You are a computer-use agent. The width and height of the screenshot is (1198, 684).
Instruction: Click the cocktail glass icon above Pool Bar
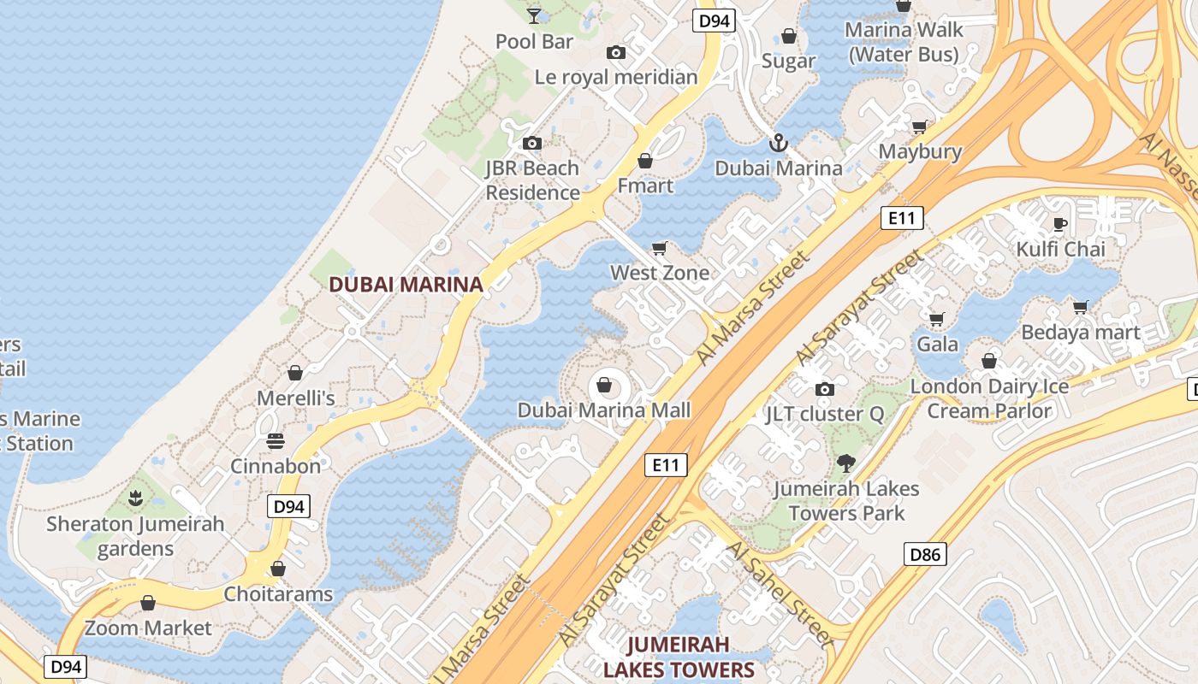534,15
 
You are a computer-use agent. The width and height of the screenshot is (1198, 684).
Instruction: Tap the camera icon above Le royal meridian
615,53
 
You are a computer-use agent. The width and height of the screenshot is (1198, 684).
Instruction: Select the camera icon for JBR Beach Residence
532,143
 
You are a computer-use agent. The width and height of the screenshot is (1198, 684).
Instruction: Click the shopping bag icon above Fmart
645,161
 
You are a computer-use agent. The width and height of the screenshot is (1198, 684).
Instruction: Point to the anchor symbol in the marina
778,143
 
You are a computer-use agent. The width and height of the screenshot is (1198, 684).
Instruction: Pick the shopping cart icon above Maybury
920,127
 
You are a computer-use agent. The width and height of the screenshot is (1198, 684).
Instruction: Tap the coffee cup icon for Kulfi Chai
1060,225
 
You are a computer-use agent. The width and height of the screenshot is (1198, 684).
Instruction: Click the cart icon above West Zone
659,249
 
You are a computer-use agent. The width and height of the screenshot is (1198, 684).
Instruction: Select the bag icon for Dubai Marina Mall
604,386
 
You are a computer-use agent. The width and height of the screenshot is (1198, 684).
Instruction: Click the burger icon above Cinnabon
276,441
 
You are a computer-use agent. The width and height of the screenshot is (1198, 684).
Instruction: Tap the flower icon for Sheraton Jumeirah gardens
135,498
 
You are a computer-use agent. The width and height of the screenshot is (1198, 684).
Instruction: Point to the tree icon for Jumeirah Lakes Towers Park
845,463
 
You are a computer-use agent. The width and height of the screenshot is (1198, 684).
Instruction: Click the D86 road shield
925,555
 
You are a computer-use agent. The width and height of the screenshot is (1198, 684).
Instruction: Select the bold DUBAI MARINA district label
406,285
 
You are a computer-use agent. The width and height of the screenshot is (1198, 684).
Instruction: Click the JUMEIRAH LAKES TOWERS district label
679,657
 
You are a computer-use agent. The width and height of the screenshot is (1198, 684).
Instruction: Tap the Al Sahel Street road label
779,593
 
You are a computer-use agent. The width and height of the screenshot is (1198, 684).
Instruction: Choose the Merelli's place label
296,398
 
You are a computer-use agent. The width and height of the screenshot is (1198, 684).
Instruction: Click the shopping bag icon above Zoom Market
148,604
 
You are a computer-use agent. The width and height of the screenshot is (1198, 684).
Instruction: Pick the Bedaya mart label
1081,333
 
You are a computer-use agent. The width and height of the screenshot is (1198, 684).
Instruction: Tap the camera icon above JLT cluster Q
824,390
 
